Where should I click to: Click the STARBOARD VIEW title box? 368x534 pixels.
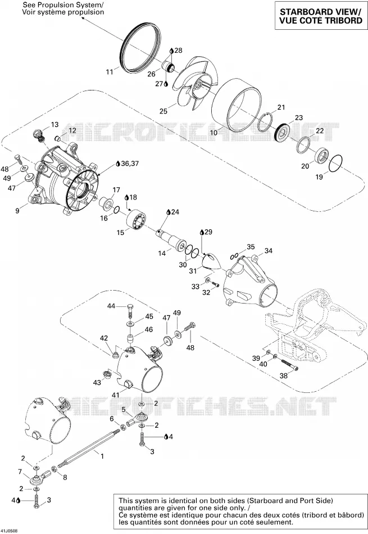321,16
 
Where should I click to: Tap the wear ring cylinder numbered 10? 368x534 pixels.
237,106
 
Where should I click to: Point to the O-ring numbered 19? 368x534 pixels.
335,164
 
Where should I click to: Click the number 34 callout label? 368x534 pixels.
268,251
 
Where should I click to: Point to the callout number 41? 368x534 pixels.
116,395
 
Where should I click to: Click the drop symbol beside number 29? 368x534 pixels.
202,232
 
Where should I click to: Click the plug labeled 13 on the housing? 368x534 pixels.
38,134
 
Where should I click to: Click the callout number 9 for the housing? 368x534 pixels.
17,210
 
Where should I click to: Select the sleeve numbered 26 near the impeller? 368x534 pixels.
167,67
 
